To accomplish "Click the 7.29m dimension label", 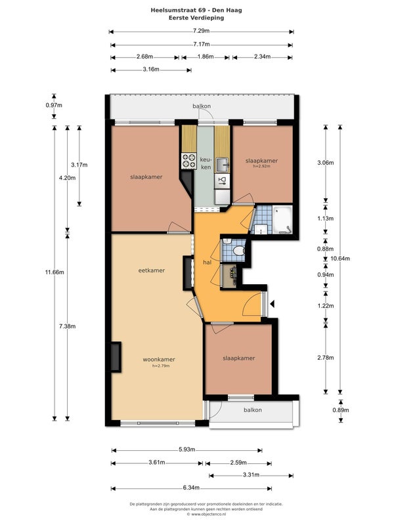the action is click(201, 31).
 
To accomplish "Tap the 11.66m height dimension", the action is click(55, 272).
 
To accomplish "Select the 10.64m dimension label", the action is click(340, 259).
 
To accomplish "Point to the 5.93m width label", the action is click(186, 450).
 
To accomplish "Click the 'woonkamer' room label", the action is click(159, 360).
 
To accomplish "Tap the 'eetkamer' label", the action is click(152, 270).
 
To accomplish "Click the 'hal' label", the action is click(207, 262).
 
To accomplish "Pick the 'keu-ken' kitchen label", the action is click(206, 163).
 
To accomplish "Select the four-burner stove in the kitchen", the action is click(188, 161).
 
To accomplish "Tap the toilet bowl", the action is click(239, 251).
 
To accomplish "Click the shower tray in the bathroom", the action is click(282, 219).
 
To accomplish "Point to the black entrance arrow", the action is click(273, 304).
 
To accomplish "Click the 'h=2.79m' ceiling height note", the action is click(161, 366).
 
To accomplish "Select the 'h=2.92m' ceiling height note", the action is click(262, 166).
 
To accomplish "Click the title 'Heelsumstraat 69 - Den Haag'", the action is click(196, 10).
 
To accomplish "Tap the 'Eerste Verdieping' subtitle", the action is click(196, 18).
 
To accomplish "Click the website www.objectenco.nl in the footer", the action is click(206, 514).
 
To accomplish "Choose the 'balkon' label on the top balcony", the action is click(202, 106).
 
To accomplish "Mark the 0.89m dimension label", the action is click(341, 410).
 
